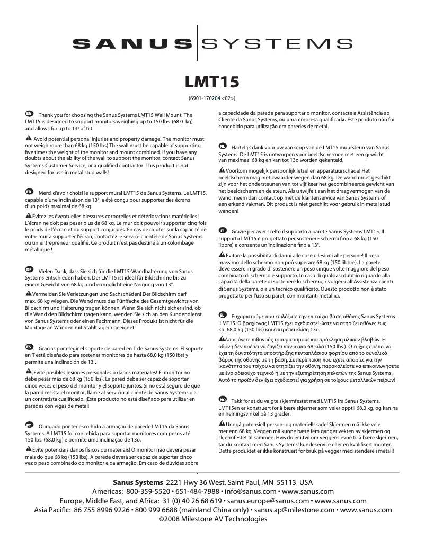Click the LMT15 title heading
click(x=212, y=82)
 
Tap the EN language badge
click(x=29, y=114)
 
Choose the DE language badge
click(x=29, y=269)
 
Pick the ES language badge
click(x=29, y=346)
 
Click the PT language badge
click(x=29, y=425)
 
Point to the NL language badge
click(x=223, y=145)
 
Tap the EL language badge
click(x=223, y=315)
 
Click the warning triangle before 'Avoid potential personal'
click(x=29, y=138)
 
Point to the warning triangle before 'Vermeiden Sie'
click(x=29, y=293)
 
